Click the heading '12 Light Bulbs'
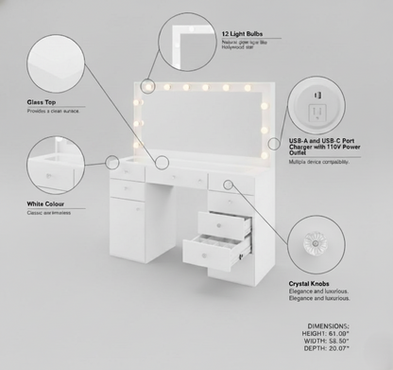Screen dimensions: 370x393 click(x=243, y=33)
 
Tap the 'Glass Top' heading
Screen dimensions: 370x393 click(x=43, y=101)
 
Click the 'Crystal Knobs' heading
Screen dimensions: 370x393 click(x=312, y=282)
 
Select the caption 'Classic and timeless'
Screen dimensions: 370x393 click(x=49, y=213)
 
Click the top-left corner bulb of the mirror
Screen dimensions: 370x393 click(x=147, y=88)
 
